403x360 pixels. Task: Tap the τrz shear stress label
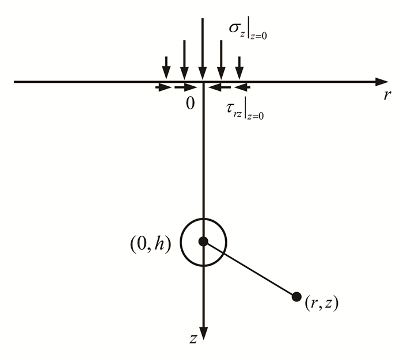click(242, 107)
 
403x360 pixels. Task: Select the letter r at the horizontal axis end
click(386, 95)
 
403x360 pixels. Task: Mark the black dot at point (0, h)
click(203, 242)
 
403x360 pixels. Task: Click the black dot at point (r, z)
click(296, 297)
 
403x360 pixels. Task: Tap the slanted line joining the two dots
click(249, 269)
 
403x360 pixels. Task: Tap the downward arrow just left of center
click(184, 60)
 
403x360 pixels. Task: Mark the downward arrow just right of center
click(220, 60)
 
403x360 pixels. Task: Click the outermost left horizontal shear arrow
click(164, 87)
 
